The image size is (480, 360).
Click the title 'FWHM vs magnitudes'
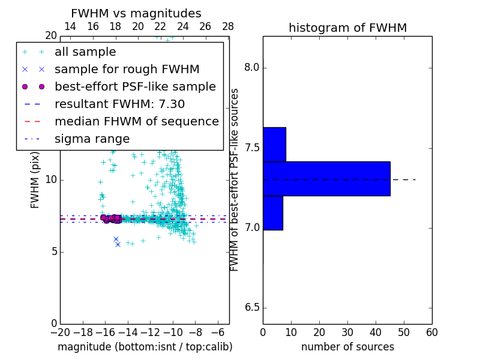pos(136,14)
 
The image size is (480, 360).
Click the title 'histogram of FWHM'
pos(347,28)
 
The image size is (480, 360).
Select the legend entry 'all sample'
pos(85,52)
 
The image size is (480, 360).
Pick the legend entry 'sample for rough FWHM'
pos(127,70)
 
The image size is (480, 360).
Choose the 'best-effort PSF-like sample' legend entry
pos(135,87)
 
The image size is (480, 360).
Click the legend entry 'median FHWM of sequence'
pos(136,122)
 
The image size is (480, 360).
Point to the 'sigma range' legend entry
pos(92,139)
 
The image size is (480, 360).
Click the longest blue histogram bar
pos(326,178)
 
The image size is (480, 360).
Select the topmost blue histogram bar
pos(274,144)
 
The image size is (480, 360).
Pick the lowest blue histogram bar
pos(273,213)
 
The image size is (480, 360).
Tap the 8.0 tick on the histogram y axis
pos(253,68)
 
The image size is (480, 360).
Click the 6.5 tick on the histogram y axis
pos(253,308)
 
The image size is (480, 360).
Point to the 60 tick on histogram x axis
pos(432,332)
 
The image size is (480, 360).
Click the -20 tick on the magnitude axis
pos(60,332)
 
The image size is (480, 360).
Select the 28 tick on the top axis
pos(228,27)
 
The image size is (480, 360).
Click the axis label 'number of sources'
pos(347,347)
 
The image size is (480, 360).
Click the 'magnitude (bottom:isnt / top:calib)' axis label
pos(145,347)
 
